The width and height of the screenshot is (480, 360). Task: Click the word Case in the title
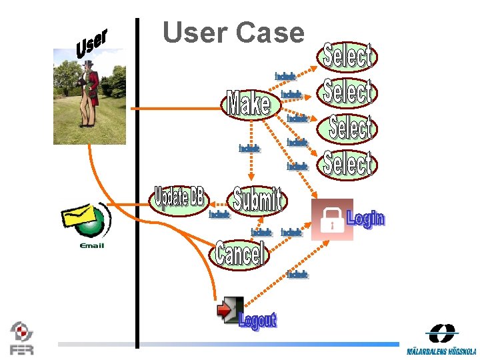270,32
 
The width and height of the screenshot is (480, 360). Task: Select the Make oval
249,104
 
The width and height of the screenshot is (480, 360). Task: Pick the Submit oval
258,199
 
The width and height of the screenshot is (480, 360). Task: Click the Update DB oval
179,198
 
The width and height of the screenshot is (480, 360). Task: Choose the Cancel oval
240,253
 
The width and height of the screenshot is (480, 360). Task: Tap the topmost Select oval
347,57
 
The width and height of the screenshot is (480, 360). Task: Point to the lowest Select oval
347,163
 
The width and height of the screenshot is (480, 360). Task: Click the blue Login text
365,218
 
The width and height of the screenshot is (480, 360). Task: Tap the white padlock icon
331,220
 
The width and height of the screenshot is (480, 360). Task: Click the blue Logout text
257,321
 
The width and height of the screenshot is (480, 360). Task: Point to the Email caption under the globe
91,246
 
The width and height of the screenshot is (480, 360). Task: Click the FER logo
21,337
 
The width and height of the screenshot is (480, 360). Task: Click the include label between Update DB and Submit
219,215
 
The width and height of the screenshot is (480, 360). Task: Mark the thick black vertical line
137,180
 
